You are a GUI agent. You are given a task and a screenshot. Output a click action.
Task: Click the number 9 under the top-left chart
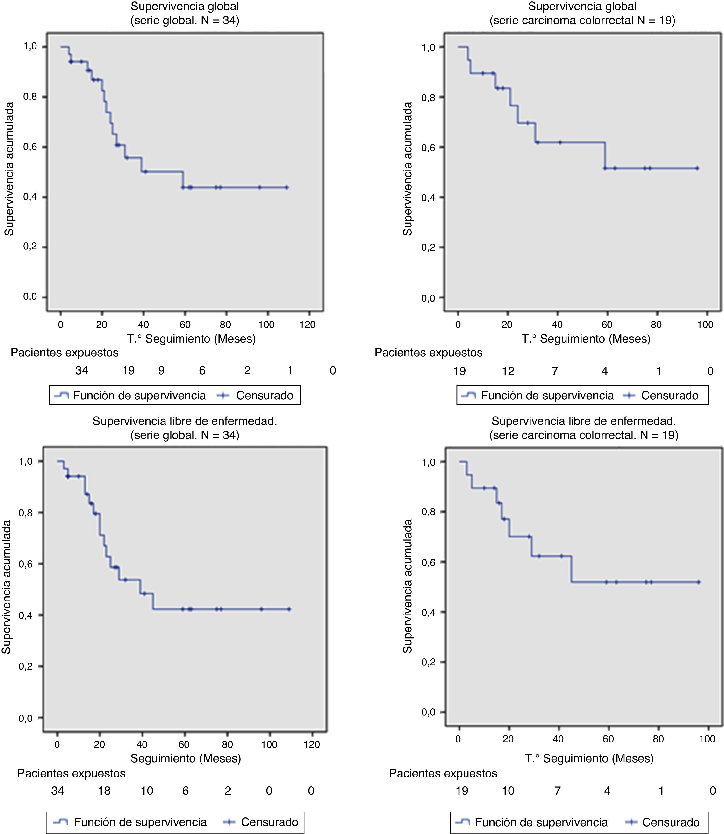(x=161, y=370)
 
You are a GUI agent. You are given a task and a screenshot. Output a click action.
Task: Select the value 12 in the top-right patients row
(x=508, y=371)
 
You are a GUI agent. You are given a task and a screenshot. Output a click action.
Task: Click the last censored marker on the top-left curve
(x=287, y=187)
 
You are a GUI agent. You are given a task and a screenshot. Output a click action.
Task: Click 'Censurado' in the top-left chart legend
(x=265, y=396)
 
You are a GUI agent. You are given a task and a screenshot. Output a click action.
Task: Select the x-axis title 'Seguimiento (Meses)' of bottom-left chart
(x=186, y=758)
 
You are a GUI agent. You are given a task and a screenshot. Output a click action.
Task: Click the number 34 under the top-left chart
(x=82, y=370)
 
